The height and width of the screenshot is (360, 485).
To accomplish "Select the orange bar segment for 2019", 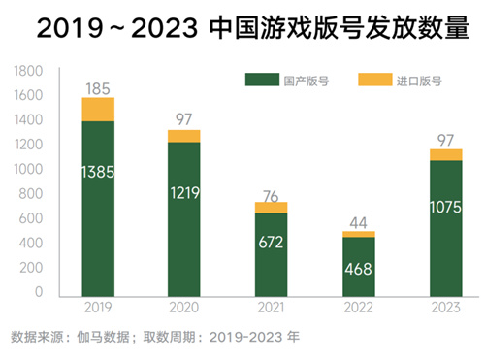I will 98,110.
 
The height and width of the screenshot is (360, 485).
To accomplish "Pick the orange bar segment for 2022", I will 358,235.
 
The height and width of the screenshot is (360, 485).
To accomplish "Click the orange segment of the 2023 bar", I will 445,154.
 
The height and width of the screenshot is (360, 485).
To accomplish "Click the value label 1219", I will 184,193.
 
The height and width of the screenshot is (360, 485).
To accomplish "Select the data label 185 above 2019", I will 98,89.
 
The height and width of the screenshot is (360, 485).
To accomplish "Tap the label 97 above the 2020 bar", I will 184,118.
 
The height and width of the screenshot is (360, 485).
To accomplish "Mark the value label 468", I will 358,269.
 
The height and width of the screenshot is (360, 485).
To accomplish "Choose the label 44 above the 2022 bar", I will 358,221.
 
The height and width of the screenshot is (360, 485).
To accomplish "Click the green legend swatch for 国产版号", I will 260,81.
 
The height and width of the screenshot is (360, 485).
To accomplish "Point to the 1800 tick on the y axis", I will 29,71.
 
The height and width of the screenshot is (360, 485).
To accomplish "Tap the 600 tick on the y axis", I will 33,218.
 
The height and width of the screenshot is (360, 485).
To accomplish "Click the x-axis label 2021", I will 271,310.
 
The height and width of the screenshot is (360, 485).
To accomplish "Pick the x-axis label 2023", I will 445,310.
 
